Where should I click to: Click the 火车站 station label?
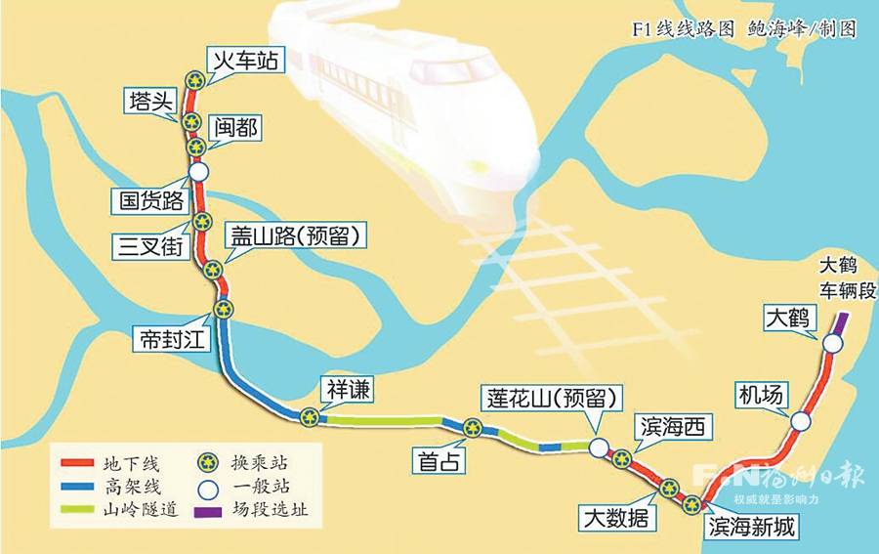(245, 61)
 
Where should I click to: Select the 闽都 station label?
(237, 127)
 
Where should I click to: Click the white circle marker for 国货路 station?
(198, 171)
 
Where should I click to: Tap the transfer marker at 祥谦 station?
(310, 416)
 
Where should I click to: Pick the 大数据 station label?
(613, 517)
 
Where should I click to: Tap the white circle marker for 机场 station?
(801, 421)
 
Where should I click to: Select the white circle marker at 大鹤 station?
(831, 344)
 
